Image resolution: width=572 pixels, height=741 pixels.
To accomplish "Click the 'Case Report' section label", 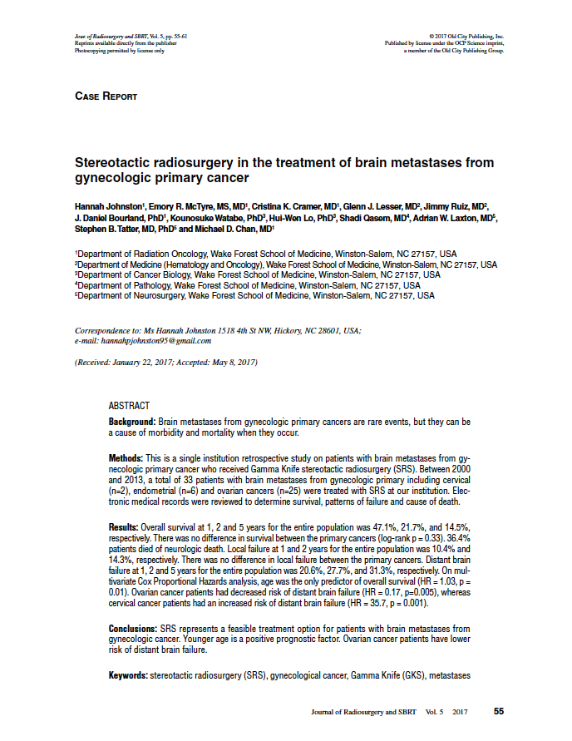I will pyautogui.click(x=106, y=96).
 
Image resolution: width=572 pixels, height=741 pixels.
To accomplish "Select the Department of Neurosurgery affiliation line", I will pyautogui.click(x=254, y=294).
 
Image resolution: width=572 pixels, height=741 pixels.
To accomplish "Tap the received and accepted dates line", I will pyautogui.click(x=166, y=363).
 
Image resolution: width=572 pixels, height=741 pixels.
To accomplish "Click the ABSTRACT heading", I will pyautogui.click(x=130, y=405).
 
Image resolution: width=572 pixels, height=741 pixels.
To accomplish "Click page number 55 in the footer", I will pyautogui.click(x=499, y=711).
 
